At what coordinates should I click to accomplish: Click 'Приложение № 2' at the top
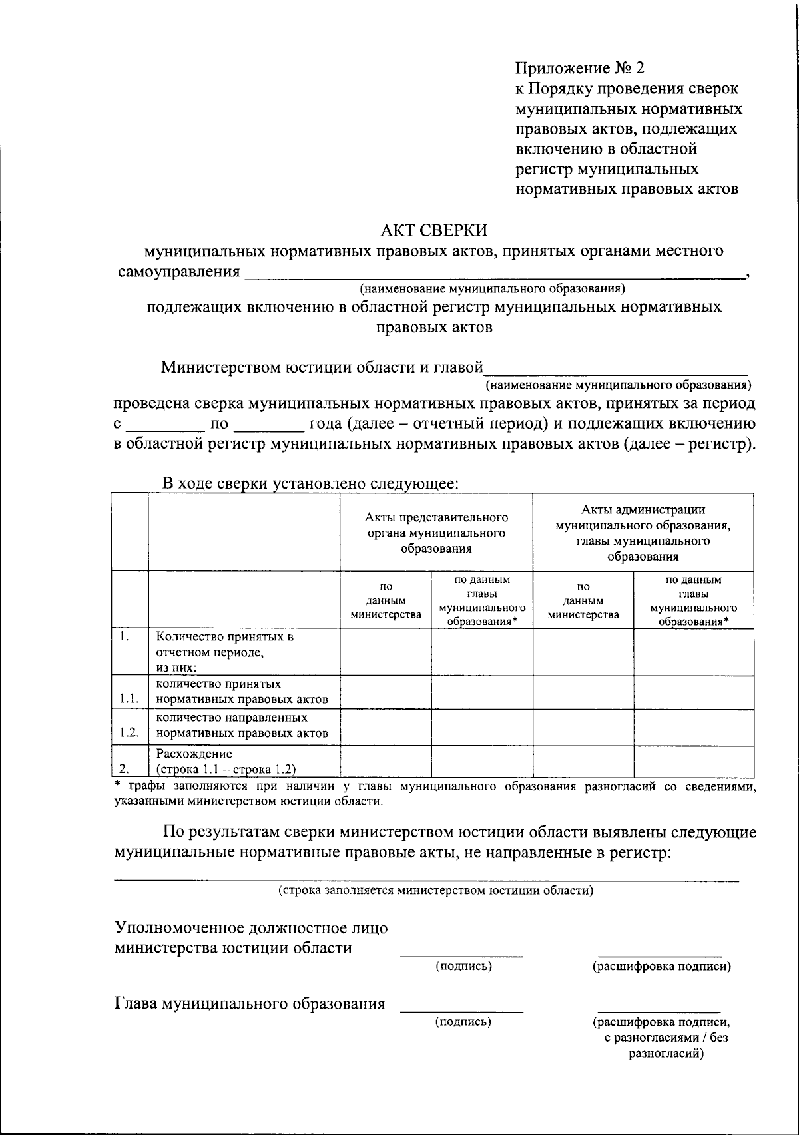click(x=580, y=68)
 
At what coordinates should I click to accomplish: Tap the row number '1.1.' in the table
click(x=129, y=698)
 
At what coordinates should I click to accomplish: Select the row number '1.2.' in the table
click(x=129, y=733)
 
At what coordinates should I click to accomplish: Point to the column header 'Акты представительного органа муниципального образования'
click(x=436, y=533)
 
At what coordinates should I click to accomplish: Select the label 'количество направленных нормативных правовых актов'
click(x=242, y=726)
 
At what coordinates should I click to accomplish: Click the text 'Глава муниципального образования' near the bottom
click(x=250, y=1004)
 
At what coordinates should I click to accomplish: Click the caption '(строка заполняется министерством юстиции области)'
click(x=435, y=890)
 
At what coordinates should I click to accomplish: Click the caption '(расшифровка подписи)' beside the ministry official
click(x=661, y=966)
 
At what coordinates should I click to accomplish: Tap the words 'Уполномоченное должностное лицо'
click(x=251, y=928)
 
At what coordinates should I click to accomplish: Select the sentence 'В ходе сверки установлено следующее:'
click(x=310, y=484)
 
